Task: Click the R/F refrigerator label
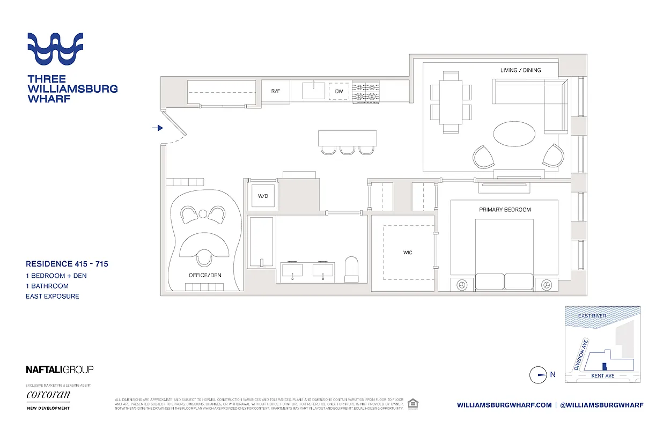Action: (x=275, y=91)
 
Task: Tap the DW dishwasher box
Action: (x=338, y=91)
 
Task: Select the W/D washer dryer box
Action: (x=263, y=196)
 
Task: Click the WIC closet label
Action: (x=408, y=252)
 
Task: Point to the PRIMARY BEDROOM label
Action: (x=505, y=210)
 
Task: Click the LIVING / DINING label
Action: (x=520, y=70)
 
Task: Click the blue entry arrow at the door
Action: (x=157, y=128)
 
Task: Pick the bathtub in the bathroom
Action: (x=262, y=241)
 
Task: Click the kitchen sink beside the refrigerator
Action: (x=313, y=91)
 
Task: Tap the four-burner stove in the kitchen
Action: (x=365, y=91)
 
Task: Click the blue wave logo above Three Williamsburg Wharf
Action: (x=55, y=49)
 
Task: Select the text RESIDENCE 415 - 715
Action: (x=67, y=264)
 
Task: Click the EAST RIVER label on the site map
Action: (x=592, y=316)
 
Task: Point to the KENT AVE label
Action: (x=602, y=376)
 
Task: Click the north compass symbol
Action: (x=538, y=375)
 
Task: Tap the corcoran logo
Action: (x=48, y=395)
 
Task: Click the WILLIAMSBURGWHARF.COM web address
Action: (x=504, y=405)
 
